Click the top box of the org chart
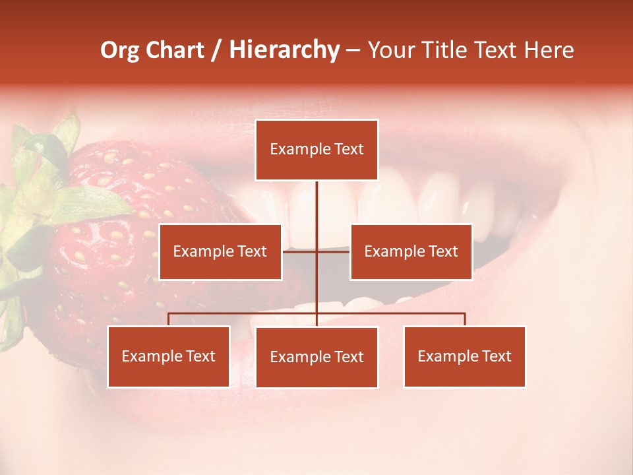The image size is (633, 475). tap(316, 150)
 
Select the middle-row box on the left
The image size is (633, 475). tap(220, 251)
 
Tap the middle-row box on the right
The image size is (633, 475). tap(411, 251)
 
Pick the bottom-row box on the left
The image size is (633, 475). tap(169, 356)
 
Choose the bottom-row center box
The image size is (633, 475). tap(316, 357)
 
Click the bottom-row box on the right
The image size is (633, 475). tap(464, 356)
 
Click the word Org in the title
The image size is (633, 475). tap(119, 50)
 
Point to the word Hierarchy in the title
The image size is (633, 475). tap(284, 50)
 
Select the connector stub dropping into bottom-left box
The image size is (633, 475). tap(169, 319)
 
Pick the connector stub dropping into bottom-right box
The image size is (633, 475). tap(464, 319)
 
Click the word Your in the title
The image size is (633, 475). tap(389, 50)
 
